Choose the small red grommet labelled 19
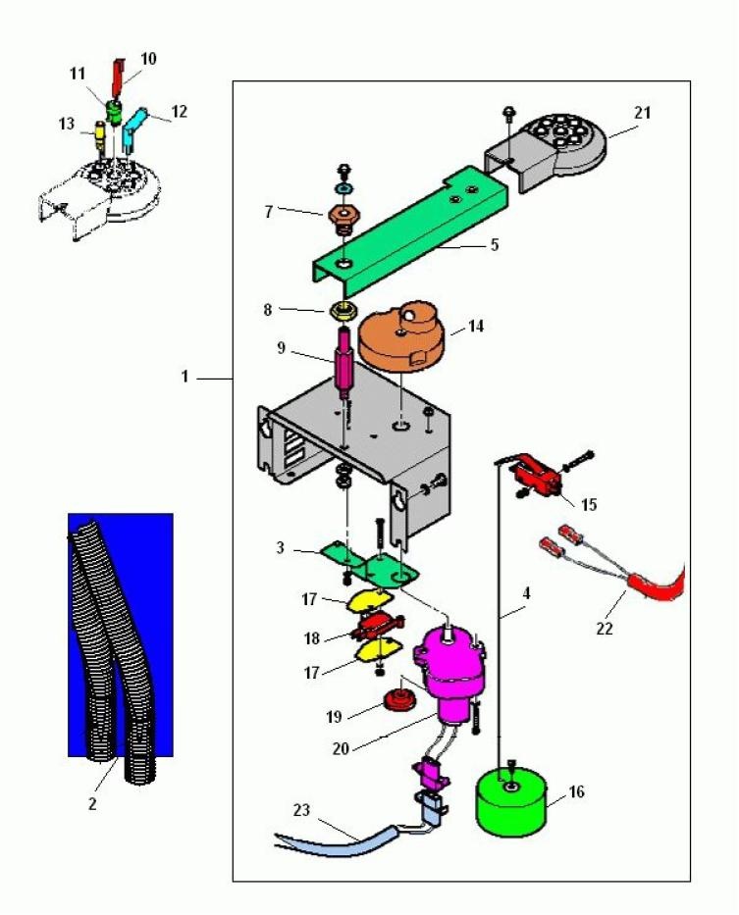398,700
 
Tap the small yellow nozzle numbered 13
99,132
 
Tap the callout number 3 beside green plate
281,548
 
